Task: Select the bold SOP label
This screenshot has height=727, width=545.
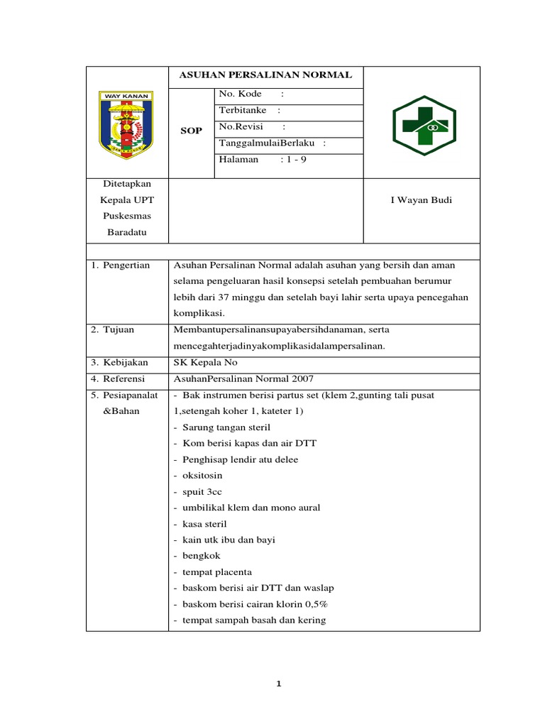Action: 192,131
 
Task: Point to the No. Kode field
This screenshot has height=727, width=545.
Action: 241,94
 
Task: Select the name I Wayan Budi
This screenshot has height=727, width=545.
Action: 422,200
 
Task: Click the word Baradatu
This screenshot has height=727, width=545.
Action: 125,231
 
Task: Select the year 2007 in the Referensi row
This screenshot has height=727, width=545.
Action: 301,378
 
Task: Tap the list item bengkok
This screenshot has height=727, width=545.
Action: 202,556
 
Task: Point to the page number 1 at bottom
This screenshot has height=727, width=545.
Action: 279,684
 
